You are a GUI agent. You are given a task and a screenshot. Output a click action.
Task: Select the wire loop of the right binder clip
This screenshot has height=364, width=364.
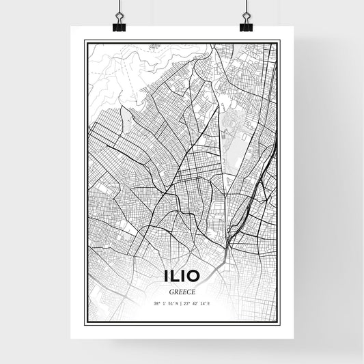pyautogui.click(x=246, y=16)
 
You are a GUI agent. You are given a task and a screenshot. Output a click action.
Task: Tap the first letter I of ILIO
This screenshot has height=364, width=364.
pyautogui.click(x=165, y=277)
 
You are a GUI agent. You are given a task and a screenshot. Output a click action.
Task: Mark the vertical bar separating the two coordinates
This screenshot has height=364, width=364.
pyautogui.click(x=181, y=303)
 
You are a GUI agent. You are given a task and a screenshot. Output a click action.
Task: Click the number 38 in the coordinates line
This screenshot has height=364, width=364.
pyautogui.click(x=156, y=303)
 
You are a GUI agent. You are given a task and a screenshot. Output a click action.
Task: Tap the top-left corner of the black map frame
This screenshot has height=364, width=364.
pyautogui.click(x=85, y=42)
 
